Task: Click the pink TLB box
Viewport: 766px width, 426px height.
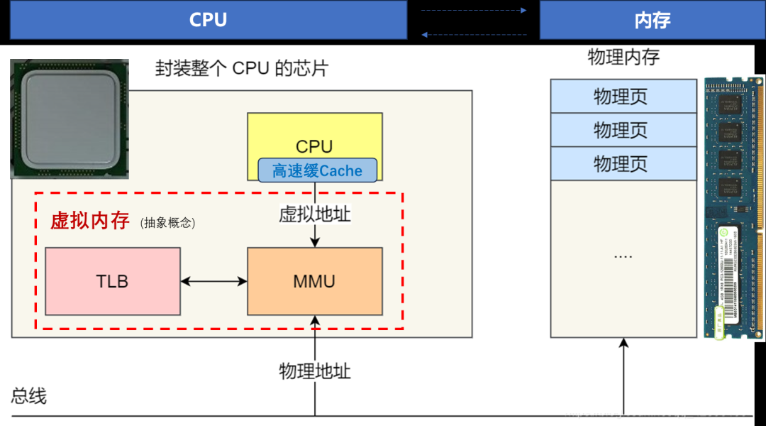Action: tap(112, 281)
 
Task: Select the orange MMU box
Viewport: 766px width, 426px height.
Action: tap(314, 281)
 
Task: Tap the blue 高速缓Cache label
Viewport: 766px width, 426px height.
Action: tap(317, 170)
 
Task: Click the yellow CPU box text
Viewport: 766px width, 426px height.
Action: tap(314, 146)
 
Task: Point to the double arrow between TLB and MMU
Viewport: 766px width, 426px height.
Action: tap(213, 282)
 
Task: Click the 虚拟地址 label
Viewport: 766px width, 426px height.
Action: tap(314, 214)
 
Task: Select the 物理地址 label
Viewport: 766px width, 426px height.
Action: tap(314, 371)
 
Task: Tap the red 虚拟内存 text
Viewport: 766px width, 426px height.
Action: tap(89, 221)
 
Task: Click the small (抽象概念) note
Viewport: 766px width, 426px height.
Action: tap(167, 223)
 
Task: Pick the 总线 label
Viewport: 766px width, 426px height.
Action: tap(29, 396)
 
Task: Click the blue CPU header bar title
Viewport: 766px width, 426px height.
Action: tap(208, 20)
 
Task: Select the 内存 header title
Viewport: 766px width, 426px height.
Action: tap(652, 20)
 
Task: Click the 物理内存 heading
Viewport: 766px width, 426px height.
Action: tap(623, 58)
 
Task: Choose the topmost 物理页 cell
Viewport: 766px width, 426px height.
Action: tap(623, 96)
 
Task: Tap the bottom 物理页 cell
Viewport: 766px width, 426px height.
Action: tap(623, 163)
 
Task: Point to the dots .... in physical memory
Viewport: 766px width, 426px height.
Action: tap(623, 255)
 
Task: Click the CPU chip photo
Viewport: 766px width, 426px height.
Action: tap(70, 119)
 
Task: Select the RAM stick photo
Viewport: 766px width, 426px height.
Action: tap(733, 206)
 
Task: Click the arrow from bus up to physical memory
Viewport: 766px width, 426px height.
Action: tap(623, 376)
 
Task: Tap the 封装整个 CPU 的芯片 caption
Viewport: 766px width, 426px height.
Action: tap(242, 69)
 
